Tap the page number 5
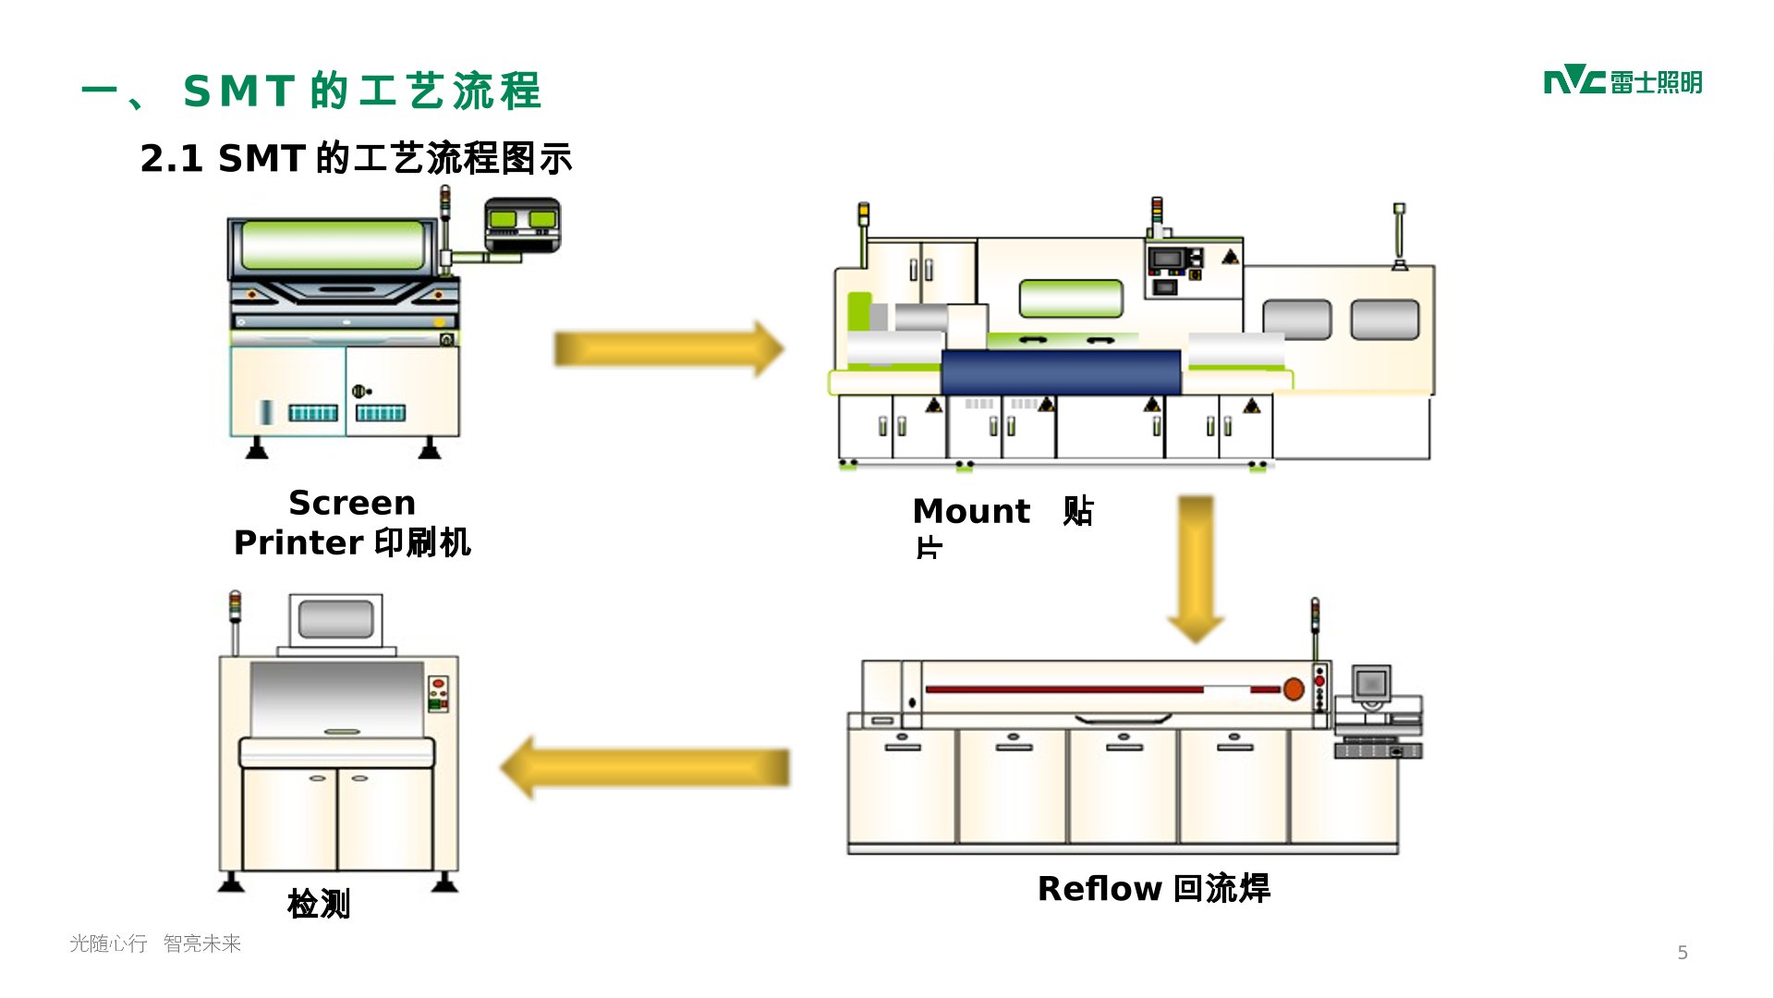point(1683,953)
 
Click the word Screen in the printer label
point(352,503)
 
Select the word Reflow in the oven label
point(1099,888)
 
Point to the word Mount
point(970,511)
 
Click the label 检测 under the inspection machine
point(319,903)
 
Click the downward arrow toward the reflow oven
point(1196,567)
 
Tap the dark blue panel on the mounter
point(1061,371)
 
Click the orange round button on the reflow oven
point(1294,688)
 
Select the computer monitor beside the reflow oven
point(1372,685)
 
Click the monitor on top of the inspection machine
point(335,619)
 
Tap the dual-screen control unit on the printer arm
point(522,222)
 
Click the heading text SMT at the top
point(238,91)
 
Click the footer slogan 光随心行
point(108,943)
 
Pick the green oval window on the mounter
point(1071,298)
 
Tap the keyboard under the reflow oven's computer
point(1378,750)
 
